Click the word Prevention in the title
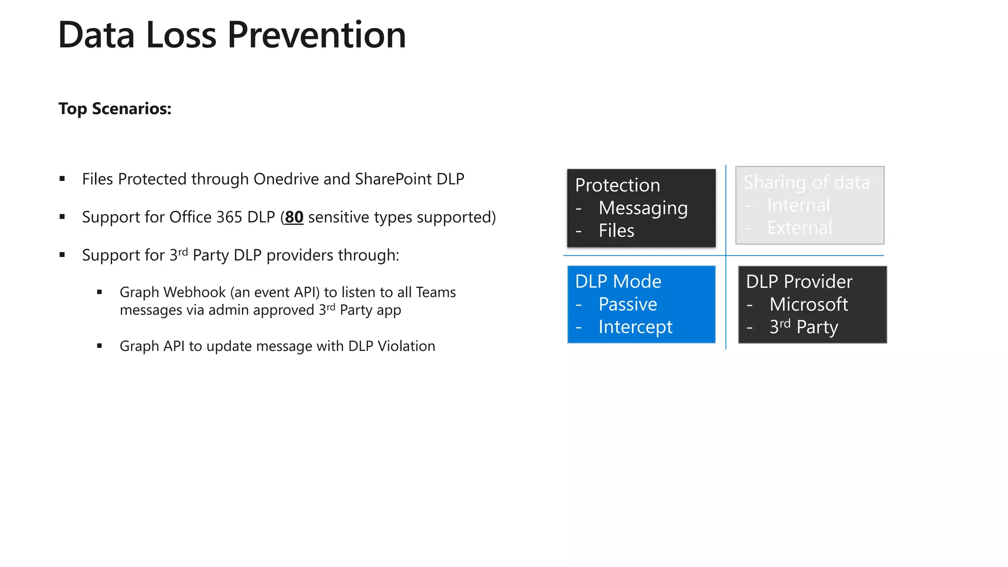pyautogui.click(x=316, y=35)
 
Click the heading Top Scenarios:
pyautogui.click(x=115, y=109)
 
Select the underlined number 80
pyautogui.click(x=294, y=217)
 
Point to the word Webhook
pyautogui.click(x=195, y=292)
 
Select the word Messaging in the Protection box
pyautogui.click(x=643, y=208)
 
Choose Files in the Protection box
pyautogui.click(x=616, y=231)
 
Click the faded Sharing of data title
pyautogui.click(x=806, y=183)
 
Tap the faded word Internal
pyautogui.click(x=798, y=205)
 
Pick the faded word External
pyautogui.click(x=799, y=228)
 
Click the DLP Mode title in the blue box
pyautogui.click(x=618, y=282)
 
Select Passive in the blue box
pyautogui.click(x=628, y=304)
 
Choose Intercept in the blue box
pyautogui.click(x=635, y=327)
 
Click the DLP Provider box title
pyautogui.click(x=799, y=282)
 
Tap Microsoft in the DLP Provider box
pyautogui.click(x=808, y=304)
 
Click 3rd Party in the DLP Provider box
pyautogui.click(x=803, y=327)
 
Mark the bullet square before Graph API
pyautogui.click(x=99, y=346)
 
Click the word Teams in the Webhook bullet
pyautogui.click(x=436, y=292)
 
